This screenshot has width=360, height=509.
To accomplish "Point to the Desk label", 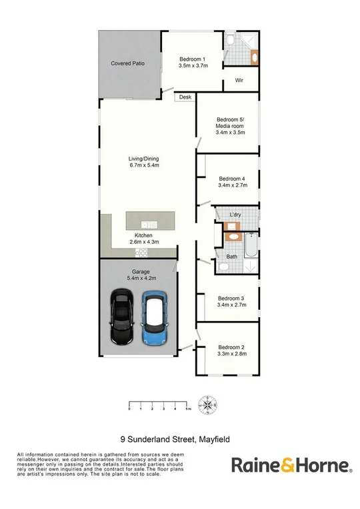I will [x=185, y=97].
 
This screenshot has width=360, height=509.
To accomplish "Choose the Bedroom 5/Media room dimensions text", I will [x=230, y=133].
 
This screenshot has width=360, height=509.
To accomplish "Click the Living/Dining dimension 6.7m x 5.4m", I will [x=144, y=166].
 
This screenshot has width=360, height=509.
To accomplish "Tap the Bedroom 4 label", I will [x=232, y=179].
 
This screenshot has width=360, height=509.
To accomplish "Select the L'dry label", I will [x=235, y=215].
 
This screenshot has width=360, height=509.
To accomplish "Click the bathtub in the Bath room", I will [x=251, y=246].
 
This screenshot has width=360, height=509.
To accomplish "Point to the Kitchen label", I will [x=144, y=236].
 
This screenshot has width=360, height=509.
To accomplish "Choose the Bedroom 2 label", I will [x=232, y=347].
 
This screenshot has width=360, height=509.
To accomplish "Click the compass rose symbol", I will [x=209, y=404].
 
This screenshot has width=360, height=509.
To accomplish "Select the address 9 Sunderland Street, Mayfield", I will [x=179, y=439].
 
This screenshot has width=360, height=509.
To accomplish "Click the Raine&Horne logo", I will [x=291, y=465].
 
